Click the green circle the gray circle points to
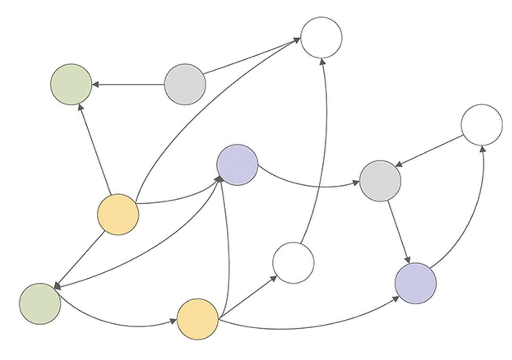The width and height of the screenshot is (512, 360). click(x=71, y=84)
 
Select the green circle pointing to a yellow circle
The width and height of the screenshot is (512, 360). click(x=40, y=304)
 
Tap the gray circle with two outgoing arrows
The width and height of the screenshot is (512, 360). click(x=185, y=84)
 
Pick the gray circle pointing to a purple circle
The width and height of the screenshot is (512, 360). click(x=380, y=181)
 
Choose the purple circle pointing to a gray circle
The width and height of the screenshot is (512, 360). click(x=238, y=165)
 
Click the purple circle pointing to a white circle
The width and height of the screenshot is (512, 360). click(x=415, y=283)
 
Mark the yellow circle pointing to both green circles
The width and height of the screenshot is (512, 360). click(x=118, y=214)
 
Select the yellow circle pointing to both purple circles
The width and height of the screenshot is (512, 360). click(x=197, y=319)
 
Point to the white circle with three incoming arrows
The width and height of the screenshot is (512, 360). click(x=321, y=38)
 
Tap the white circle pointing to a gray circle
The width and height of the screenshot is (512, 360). click(x=482, y=125)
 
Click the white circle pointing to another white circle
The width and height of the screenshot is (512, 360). click(x=293, y=263)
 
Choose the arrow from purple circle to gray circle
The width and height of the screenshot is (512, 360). click(x=309, y=185)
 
